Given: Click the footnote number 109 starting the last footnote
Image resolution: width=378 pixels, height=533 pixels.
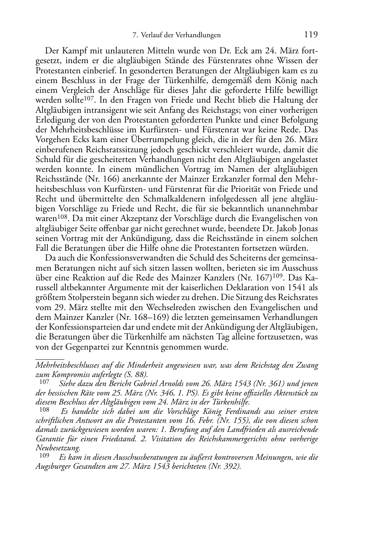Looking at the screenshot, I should [x=44, y=456].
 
